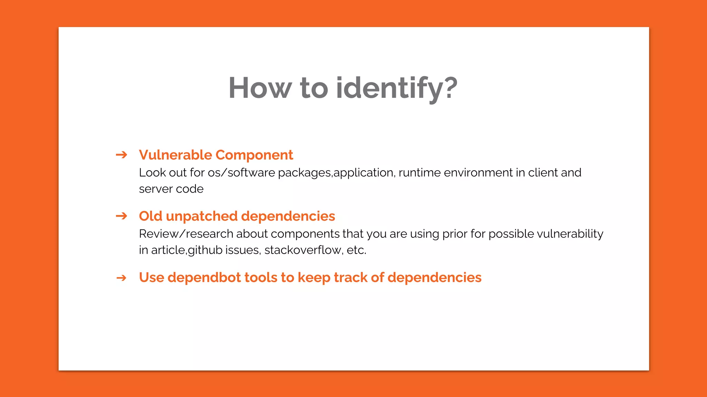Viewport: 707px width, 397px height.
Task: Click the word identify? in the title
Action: (x=397, y=88)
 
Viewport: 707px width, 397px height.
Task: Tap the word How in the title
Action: (x=260, y=88)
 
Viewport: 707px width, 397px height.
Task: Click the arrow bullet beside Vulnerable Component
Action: (x=122, y=155)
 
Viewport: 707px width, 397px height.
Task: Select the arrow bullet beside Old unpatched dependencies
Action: (x=122, y=216)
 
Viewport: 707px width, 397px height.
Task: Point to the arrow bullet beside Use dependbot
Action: (x=122, y=278)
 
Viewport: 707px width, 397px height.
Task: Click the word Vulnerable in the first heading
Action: (x=175, y=155)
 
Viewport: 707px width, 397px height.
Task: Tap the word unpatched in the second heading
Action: (x=202, y=216)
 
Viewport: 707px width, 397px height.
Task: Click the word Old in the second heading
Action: (x=151, y=216)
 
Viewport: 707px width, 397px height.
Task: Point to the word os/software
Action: (x=241, y=172)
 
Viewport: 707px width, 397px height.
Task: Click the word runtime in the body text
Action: (x=419, y=172)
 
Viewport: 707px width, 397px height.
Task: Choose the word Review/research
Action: (x=186, y=234)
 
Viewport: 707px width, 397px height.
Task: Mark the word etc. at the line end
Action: (x=356, y=250)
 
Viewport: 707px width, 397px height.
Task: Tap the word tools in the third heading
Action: (x=261, y=277)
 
